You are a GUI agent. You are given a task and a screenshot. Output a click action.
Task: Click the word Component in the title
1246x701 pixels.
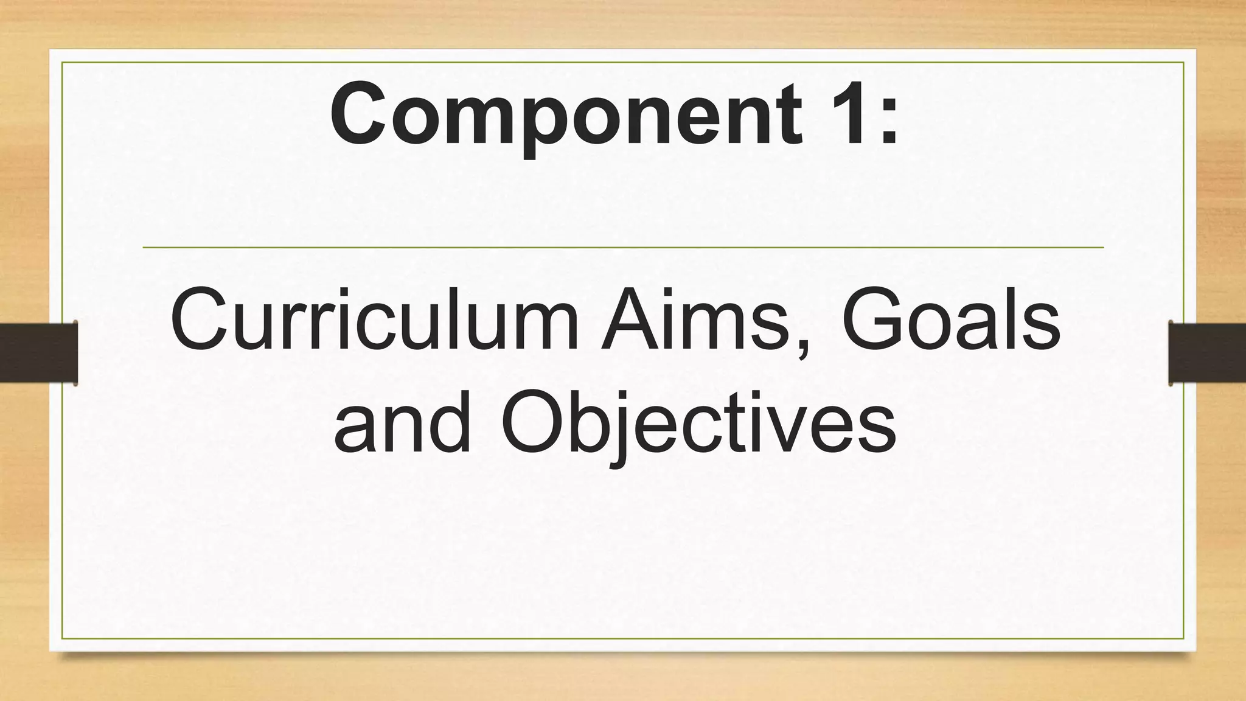pos(566,116)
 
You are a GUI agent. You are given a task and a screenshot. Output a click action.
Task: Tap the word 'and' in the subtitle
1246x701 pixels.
pos(402,423)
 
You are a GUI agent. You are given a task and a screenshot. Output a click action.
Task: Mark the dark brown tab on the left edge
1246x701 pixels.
pos(38,353)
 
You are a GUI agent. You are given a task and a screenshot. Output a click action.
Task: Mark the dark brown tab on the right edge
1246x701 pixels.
pos(1207,353)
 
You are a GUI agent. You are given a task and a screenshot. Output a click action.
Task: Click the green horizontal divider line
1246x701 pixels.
pos(623,248)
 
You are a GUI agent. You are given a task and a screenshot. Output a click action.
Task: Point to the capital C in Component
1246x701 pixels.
pos(358,114)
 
